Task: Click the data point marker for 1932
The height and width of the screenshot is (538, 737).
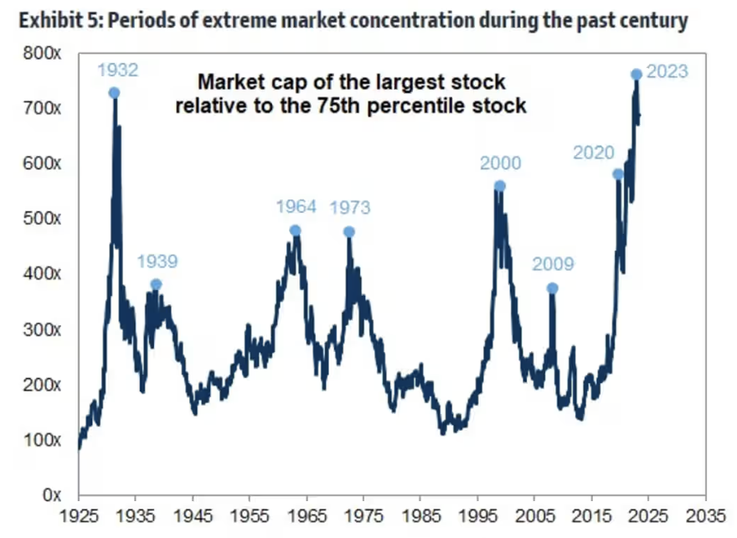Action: click(x=114, y=93)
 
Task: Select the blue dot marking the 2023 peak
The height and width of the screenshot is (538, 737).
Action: click(x=636, y=75)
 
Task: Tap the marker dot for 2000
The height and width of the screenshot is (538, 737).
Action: click(x=500, y=186)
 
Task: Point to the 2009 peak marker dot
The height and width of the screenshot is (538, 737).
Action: click(x=552, y=288)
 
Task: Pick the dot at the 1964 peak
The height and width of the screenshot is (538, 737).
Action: click(x=295, y=230)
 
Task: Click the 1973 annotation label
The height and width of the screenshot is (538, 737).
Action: click(x=349, y=208)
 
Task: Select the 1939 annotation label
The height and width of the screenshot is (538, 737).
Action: click(x=157, y=261)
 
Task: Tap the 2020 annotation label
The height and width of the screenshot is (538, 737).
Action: click(x=593, y=153)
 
